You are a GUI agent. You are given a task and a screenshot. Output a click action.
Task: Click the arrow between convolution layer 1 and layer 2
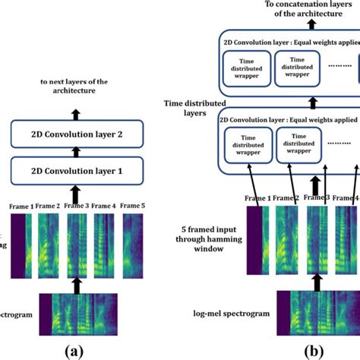[x=75, y=153]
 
